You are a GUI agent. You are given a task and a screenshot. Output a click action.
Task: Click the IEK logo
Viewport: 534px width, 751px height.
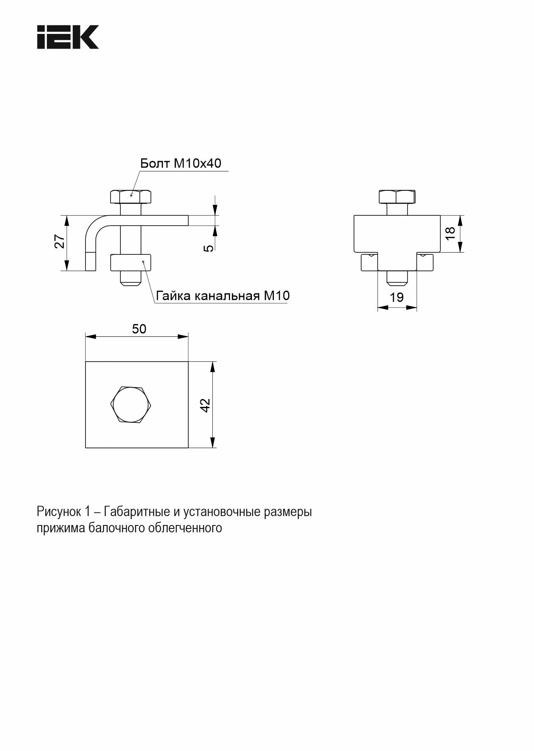68,37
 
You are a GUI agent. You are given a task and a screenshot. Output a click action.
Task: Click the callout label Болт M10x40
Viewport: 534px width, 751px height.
181,163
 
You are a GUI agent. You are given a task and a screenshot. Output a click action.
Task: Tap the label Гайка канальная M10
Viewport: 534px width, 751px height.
223,296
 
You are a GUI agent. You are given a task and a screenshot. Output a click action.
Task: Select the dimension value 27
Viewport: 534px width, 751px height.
60,241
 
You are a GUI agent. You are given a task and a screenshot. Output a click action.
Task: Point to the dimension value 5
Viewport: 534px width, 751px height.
209,248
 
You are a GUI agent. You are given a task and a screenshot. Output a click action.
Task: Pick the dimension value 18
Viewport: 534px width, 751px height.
450,233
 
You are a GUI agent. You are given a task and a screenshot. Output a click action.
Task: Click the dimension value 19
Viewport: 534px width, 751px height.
396,297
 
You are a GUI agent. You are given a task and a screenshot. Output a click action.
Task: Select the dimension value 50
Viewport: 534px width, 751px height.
139,329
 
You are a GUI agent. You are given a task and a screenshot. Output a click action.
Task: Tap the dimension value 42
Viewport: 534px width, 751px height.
206,405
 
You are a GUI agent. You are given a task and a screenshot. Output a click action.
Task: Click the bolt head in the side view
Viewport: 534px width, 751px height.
131,196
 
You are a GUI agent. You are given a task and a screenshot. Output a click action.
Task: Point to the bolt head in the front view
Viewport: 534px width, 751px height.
397,196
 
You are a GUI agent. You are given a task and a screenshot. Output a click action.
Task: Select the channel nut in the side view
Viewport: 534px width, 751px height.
131,263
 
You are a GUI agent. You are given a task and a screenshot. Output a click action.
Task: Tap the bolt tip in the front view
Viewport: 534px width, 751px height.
397,278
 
